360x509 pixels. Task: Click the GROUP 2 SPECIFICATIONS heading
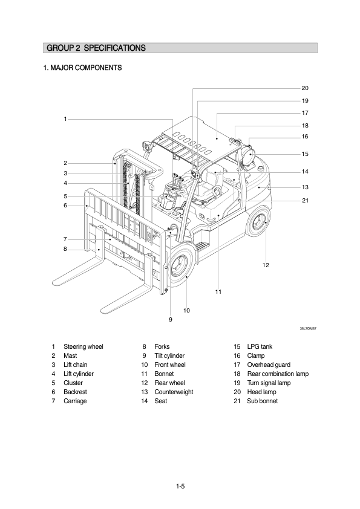96,48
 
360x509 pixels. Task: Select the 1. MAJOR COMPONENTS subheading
82,68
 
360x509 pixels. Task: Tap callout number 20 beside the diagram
305,88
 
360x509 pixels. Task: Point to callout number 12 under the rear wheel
266,265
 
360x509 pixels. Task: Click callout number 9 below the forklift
171,319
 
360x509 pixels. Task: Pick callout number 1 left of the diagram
65,119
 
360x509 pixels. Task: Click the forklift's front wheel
181,267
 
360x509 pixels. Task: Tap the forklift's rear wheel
258,222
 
